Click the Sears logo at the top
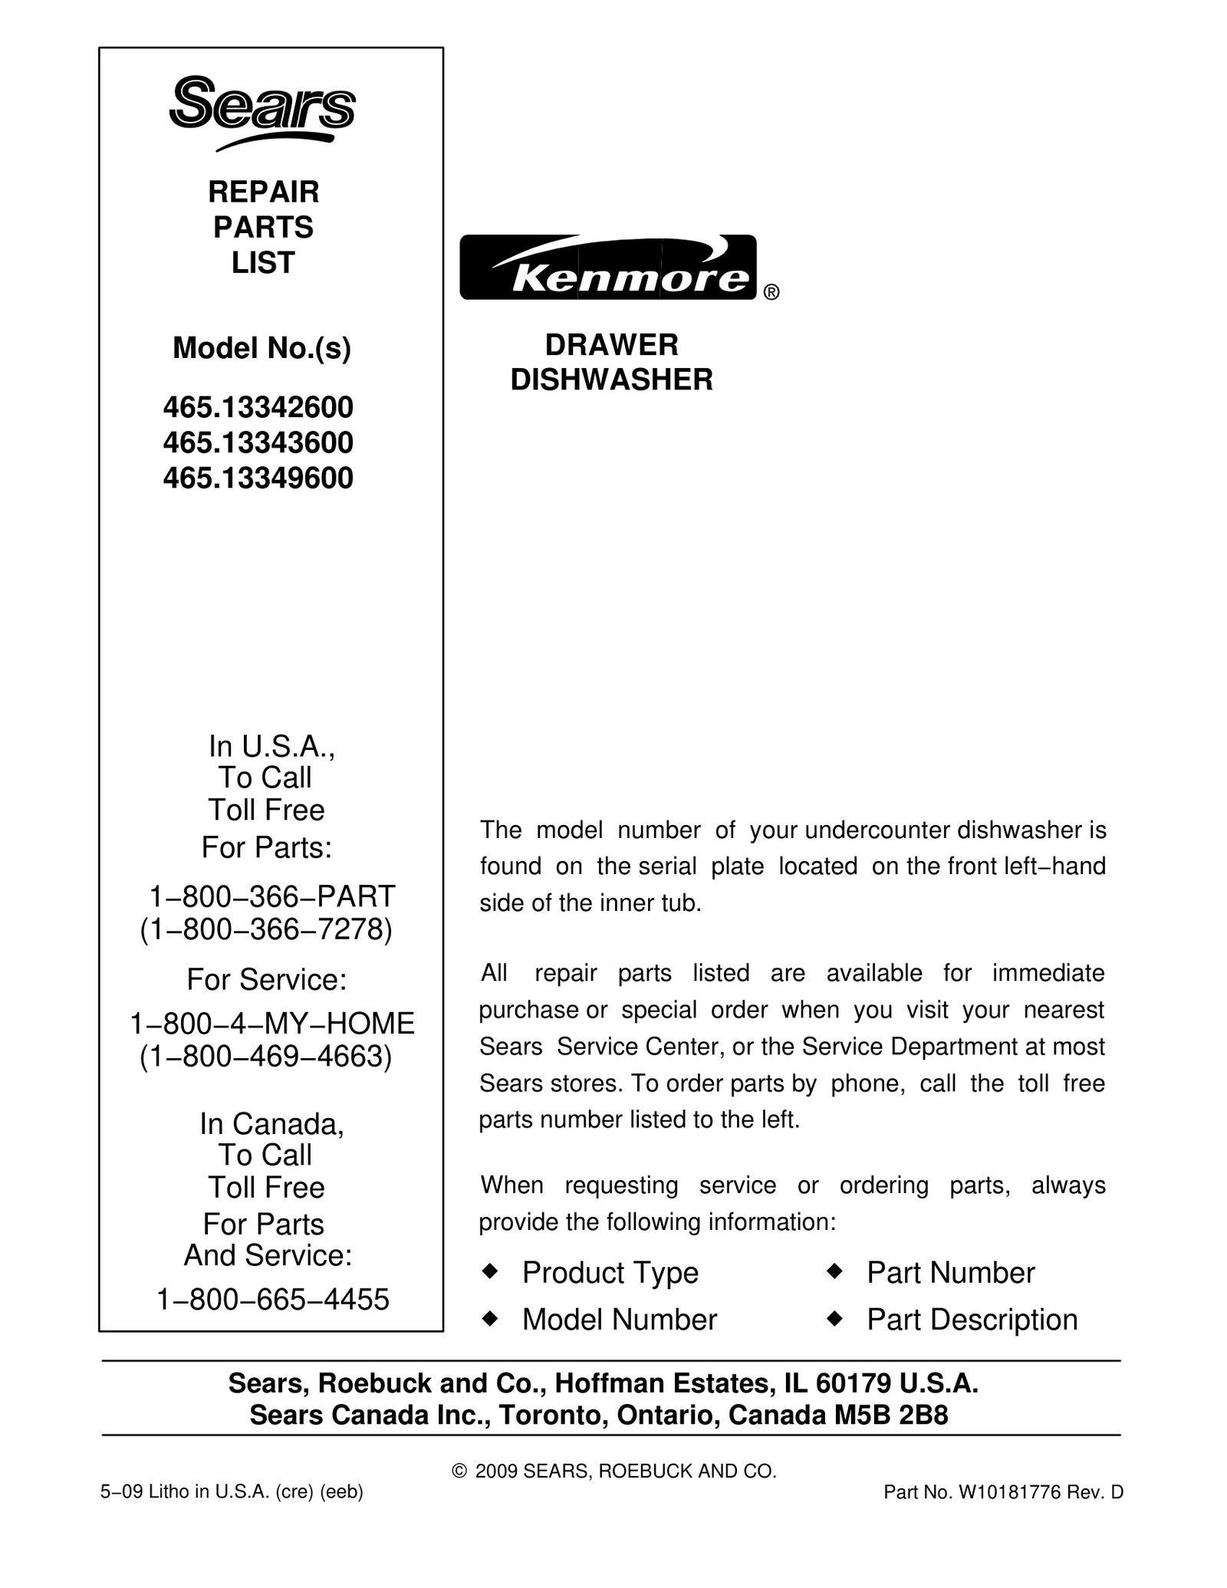[262, 112]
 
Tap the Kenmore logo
[608, 268]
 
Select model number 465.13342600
[258, 407]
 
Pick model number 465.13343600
[258, 442]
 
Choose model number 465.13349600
[258, 478]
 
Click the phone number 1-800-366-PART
[271, 896]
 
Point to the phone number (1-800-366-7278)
[266, 929]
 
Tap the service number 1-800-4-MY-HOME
[272, 1023]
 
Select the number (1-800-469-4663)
[266, 1057]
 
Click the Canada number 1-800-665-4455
[273, 1299]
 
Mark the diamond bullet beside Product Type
[489, 1271]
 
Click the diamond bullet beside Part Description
[834, 1318]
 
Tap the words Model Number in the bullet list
[620, 1320]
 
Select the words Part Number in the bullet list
[951, 1273]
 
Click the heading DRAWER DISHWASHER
[612, 362]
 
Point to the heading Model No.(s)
[262, 348]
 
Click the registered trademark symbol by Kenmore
[771, 292]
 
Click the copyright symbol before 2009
[460, 1471]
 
